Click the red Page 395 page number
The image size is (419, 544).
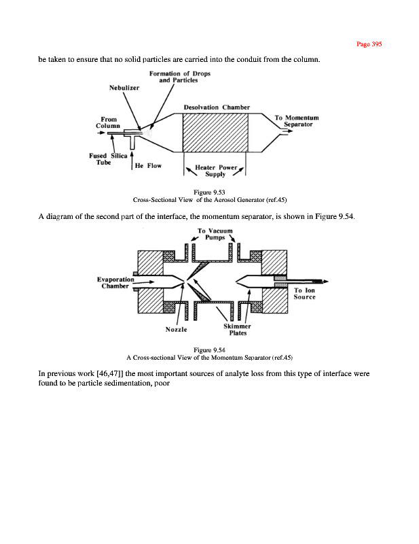point(369,44)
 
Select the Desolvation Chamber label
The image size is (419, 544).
point(217,107)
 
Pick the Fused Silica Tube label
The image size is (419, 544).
point(103,159)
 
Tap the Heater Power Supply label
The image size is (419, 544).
point(215,170)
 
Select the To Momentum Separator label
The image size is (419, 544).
point(297,122)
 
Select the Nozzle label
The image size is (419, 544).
point(177,329)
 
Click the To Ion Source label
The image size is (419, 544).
point(304,294)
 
